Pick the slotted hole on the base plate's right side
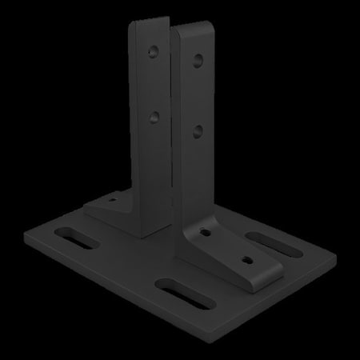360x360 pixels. (265, 239)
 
